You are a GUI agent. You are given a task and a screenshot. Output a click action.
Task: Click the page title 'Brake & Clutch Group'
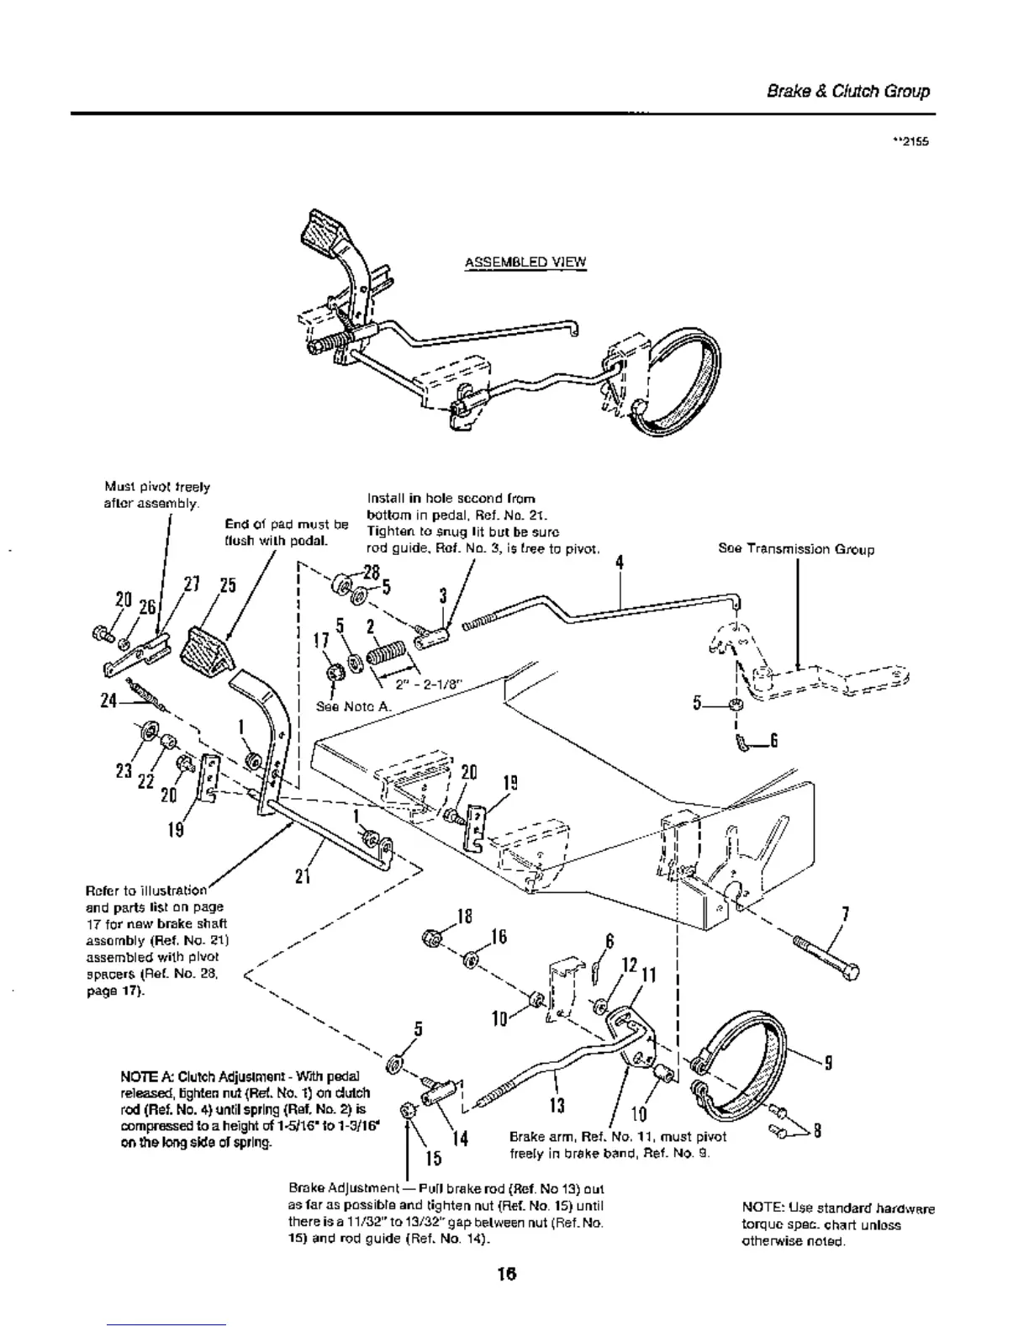(x=848, y=92)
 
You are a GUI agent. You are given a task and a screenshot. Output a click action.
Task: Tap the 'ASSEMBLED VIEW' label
(x=525, y=262)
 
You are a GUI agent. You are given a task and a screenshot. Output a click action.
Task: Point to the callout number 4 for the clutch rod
(x=619, y=563)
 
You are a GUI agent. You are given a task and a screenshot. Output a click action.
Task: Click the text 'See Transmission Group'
(x=795, y=549)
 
